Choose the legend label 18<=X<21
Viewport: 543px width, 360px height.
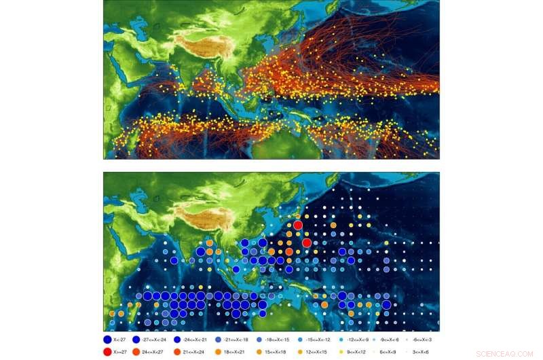click(x=234, y=352)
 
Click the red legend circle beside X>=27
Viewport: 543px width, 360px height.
click(x=108, y=352)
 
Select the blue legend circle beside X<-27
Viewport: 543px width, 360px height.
click(x=108, y=339)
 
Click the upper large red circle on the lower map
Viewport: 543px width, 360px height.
click(x=297, y=225)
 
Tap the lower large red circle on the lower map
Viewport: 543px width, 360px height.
click(x=307, y=242)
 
